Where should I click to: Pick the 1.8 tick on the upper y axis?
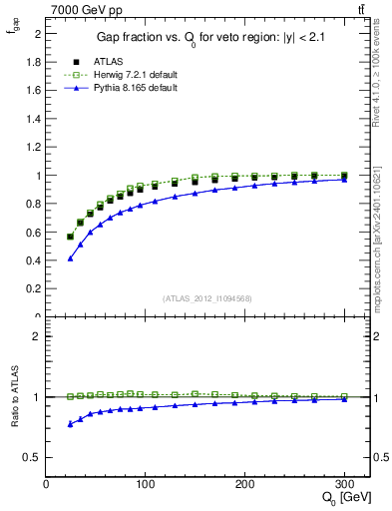click(34, 62)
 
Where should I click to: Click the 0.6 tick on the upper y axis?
click(34, 233)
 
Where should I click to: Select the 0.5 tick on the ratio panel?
click(34, 457)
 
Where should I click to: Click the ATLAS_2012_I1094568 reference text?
click(207, 297)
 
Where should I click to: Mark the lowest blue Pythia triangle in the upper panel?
click(70, 258)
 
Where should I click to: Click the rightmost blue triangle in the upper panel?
click(344, 180)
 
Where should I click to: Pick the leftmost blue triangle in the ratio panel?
click(70, 424)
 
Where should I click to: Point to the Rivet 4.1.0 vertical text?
click(383, 70)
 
